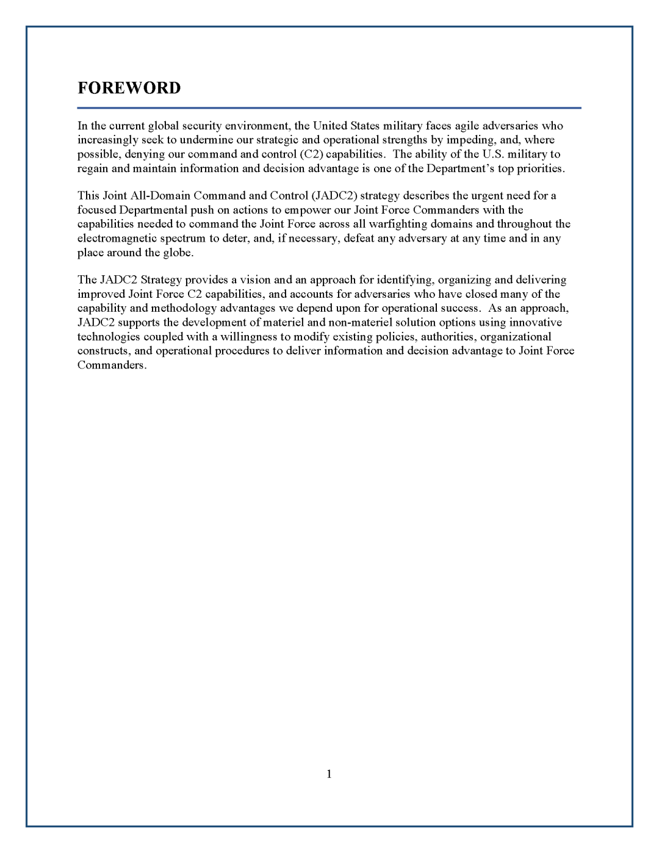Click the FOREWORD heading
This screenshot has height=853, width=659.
pos(129,88)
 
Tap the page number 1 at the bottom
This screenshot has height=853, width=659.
pos(329,774)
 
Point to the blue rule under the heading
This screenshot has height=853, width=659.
pos(329,108)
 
